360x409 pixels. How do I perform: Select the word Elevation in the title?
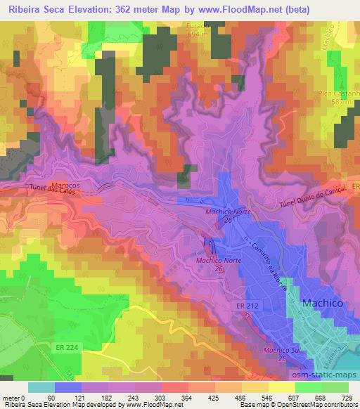click(93, 9)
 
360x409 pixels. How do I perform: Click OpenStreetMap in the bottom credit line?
click(318, 405)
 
